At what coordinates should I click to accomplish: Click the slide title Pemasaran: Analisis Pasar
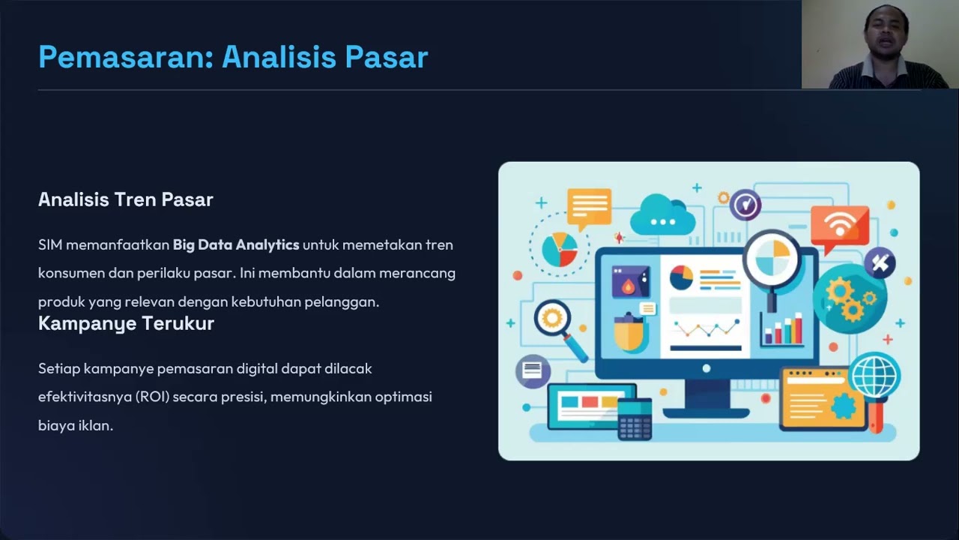click(233, 58)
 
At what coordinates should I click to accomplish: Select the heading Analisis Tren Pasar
click(126, 199)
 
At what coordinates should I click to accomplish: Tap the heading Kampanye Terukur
click(126, 323)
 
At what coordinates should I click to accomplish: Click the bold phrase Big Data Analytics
click(236, 244)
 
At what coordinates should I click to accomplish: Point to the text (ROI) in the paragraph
click(153, 397)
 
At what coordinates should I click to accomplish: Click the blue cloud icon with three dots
click(662, 215)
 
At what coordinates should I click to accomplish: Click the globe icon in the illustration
click(875, 376)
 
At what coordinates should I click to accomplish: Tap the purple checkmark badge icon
click(745, 204)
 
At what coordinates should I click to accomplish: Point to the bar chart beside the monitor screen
click(781, 331)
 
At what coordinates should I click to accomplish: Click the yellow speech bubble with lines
click(588, 207)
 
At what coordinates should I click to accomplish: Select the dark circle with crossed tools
click(880, 263)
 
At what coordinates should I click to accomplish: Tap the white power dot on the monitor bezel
click(706, 368)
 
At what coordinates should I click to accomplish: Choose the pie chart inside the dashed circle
click(559, 250)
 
